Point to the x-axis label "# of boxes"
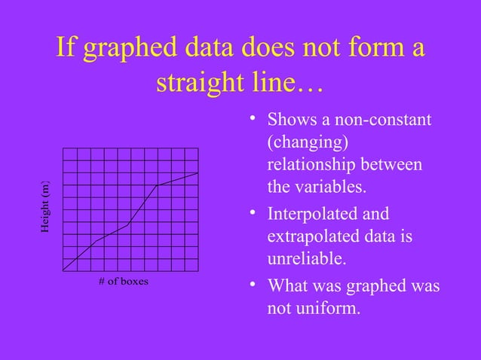click(x=124, y=282)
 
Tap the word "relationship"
click(x=314, y=164)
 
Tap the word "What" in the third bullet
click(x=290, y=286)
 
